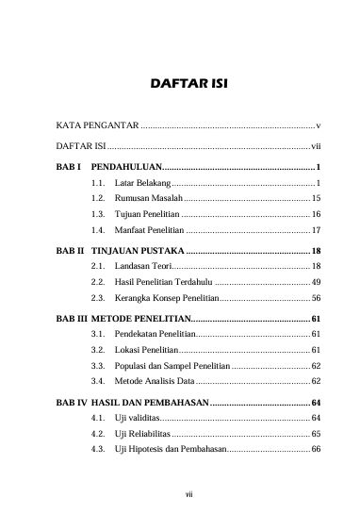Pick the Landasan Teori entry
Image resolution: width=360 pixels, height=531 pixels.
coord(145,268)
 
